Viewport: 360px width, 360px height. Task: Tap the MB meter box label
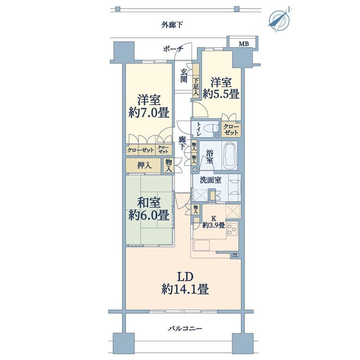[244, 43]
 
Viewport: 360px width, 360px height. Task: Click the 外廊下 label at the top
[172, 25]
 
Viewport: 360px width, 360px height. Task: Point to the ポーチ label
[173, 49]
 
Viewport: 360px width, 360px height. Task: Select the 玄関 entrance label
[184, 76]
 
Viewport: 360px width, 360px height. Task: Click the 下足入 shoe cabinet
[196, 81]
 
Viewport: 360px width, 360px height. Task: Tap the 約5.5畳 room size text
[221, 94]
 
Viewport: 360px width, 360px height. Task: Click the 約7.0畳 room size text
[149, 113]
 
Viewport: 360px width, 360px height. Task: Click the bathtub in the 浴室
[230, 155]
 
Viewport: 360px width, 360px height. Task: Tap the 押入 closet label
[144, 165]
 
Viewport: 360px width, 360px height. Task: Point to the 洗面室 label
[211, 180]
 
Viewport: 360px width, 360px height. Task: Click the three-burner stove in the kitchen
[232, 229]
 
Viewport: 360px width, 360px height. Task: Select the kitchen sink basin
[202, 245]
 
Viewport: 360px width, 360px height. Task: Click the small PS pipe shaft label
[235, 255]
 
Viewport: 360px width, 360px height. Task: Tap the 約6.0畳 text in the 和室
[149, 215]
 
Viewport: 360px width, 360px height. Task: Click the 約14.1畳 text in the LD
[185, 289]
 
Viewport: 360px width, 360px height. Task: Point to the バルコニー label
[185, 329]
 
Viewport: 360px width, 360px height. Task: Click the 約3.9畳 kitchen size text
[214, 225]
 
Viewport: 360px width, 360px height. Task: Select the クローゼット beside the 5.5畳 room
[231, 130]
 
